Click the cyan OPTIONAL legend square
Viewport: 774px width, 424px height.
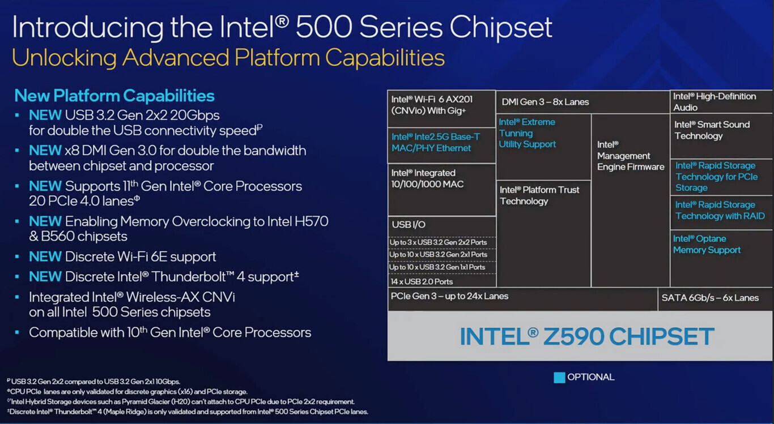click(x=559, y=378)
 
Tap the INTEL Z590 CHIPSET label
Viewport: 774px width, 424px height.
click(x=586, y=336)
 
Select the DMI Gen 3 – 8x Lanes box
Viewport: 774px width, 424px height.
click(x=582, y=102)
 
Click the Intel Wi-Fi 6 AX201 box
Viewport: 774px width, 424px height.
click(x=441, y=109)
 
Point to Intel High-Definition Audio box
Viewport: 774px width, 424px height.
click(x=721, y=101)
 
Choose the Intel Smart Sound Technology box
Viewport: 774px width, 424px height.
click(x=721, y=136)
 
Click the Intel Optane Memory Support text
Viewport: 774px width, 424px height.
click(x=707, y=244)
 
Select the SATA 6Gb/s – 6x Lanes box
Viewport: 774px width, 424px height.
click(x=715, y=299)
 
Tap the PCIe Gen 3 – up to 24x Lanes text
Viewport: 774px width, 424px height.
click(x=449, y=296)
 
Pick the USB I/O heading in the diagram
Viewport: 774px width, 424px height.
click(x=409, y=225)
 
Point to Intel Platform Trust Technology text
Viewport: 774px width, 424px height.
click(x=539, y=195)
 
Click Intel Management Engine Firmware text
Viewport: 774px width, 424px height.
click(x=631, y=156)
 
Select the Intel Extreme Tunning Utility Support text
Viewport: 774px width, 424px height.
click(x=528, y=133)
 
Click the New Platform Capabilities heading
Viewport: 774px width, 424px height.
click(x=114, y=96)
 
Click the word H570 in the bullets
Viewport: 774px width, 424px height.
click(x=311, y=221)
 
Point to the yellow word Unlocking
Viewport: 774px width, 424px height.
click(x=64, y=58)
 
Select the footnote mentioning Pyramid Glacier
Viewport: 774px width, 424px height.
click(x=181, y=401)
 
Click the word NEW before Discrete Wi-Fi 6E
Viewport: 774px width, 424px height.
click(x=45, y=256)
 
